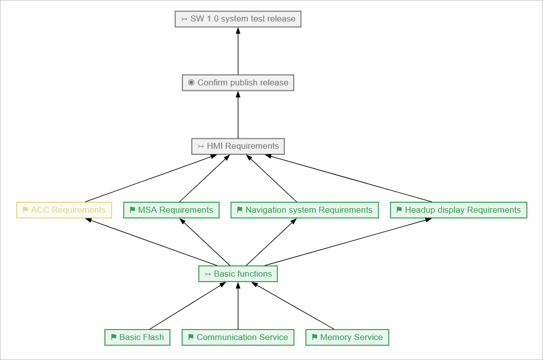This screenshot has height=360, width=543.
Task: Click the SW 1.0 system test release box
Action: tap(238, 19)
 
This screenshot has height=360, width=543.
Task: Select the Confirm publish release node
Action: tap(238, 82)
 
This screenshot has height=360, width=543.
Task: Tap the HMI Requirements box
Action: tap(238, 146)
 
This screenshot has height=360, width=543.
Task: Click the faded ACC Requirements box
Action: tap(64, 210)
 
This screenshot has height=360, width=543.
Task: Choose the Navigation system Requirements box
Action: tap(304, 210)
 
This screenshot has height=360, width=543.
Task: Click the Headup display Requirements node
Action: tap(459, 210)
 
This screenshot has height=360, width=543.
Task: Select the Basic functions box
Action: tap(238, 274)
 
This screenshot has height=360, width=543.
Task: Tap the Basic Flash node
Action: tap(137, 338)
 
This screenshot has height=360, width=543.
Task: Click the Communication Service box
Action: tap(238, 338)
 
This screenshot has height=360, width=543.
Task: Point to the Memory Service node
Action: tap(347, 338)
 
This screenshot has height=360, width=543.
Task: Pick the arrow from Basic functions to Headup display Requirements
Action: tap(347, 242)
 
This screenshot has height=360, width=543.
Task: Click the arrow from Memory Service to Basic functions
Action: tap(295, 306)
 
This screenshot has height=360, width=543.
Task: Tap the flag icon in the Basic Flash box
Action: tap(113, 338)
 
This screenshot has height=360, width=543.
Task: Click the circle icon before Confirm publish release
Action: tap(191, 82)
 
